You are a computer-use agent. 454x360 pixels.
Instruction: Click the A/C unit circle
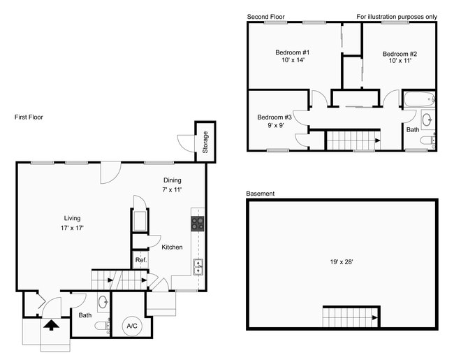tap(131, 325)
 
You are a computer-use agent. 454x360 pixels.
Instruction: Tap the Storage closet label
tap(205, 142)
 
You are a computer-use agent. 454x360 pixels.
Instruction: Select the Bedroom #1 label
tap(293, 57)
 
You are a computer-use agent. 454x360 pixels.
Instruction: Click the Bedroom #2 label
tap(400, 57)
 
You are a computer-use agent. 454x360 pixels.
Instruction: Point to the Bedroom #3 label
tap(274, 121)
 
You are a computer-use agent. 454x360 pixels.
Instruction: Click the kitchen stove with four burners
tap(198, 224)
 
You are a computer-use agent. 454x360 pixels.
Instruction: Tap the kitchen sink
tap(198, 266)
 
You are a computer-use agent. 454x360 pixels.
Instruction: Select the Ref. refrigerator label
tap(140, 261)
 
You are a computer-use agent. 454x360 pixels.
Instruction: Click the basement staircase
tap(351, 318)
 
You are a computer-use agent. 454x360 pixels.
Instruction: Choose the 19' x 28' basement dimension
tap(341, 262)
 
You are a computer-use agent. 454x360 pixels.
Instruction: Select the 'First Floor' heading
tap(29, 117)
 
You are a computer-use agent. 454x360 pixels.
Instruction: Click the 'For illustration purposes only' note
tap(396, 16)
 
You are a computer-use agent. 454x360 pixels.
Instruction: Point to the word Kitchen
tap(172, 247)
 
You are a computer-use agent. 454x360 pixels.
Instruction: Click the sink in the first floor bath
tap(103, 302)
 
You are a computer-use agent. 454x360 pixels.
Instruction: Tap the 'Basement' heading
tap(260, 194)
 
